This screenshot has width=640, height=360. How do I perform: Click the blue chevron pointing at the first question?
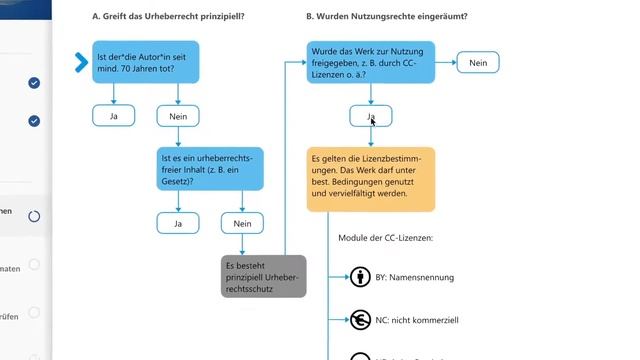coord(81,63)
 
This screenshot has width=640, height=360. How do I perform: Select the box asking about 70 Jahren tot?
coord(145,62)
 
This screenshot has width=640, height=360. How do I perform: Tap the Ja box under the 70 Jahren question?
coord(113,116)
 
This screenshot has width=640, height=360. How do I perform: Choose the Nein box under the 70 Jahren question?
coord(178,116)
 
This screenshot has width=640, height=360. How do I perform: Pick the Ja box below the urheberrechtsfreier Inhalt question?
coord(178,223)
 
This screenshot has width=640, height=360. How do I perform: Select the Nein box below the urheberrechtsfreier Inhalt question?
coord(242,223)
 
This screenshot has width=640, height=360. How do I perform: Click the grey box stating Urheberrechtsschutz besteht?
coord(263,276)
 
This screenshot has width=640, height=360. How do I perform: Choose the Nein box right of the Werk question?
coord(478,63)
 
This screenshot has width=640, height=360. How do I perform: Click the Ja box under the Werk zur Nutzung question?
coord(371,116)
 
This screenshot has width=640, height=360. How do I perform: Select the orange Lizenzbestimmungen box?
coord(371,180)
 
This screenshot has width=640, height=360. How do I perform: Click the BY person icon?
coord(360,277)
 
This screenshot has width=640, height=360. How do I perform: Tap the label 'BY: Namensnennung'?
coord(418,277)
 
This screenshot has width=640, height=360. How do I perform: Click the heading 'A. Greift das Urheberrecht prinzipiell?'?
coord(168,17)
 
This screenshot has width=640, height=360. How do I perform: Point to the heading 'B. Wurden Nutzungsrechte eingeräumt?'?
coord(387,17)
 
